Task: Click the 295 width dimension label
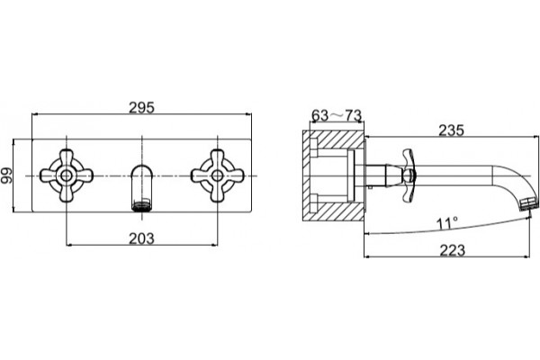pos(141,107)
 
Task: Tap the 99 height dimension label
pos(6,175)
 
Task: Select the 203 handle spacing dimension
pos(141,238)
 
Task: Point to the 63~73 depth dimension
pos(337,115)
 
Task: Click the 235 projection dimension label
pos(451,130)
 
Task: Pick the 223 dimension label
pos(452,250)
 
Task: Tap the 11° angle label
pos(447,223)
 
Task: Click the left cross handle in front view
pos(66,175)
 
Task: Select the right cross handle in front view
pos(217,175)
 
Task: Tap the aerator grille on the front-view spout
pos(141,206)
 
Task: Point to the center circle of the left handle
pos(66,175)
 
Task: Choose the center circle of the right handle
pos(217,175)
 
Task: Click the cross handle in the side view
pos(408,175)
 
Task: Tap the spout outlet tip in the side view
pos(529,203)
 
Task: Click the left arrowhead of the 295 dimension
pos(35,113)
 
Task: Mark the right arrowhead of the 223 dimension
pos(526,256)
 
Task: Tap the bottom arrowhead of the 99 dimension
pos(13,209)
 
